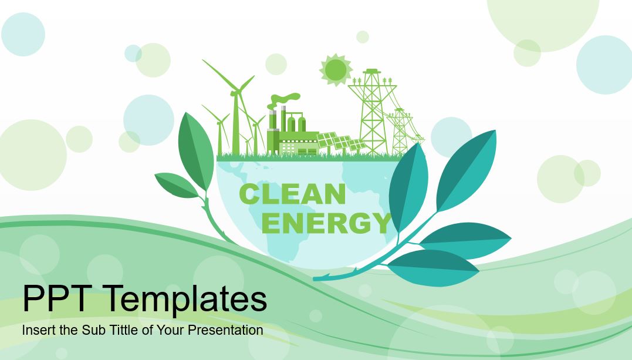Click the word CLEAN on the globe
[293, 194]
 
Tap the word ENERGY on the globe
[326, 223]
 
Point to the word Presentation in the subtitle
[225, 330]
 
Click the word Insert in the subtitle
[39, 330]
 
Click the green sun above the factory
[336, 70]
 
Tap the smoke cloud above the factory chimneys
[285, 100]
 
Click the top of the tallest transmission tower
[373, 70]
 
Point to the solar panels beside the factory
[341, 142]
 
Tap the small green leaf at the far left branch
[177, 185]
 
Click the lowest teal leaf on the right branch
[433, 268]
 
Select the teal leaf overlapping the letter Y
[408, 189]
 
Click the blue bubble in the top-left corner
[23, 34]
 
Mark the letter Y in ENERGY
[381, 223]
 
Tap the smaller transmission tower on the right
[400, 131]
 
